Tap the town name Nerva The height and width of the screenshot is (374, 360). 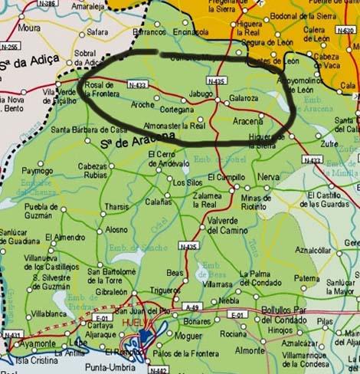pyautogui.click(x=269, y=176)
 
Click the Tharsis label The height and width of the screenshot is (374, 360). pyautogui.click(x=116, y=207)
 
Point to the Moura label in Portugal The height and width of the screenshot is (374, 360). pyautogui.click(x=29, y=28)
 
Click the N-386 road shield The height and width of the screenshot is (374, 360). pyautogui.click(x=47, y=4)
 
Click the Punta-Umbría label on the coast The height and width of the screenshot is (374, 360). pyautogui.click(x=106, y=366)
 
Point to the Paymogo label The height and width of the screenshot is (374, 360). pyautogui.click(x=37, y=170)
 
